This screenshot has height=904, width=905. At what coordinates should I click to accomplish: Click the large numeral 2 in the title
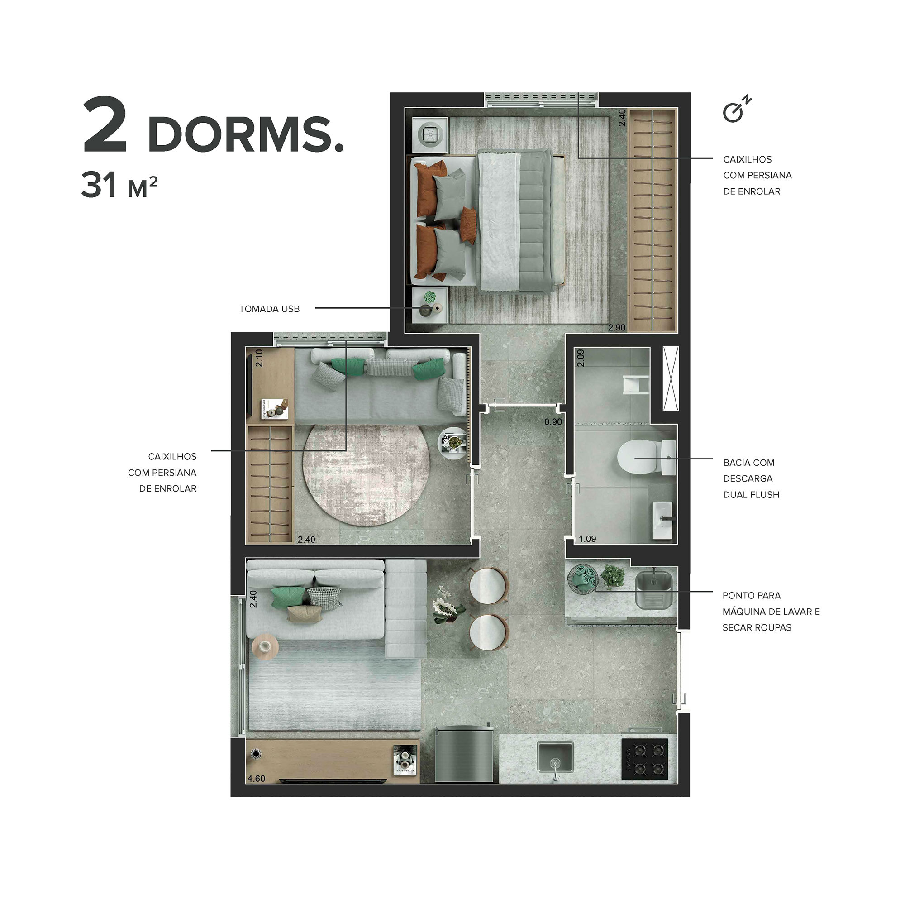click(105, 125)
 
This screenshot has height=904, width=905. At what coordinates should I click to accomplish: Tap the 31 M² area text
click(119, 186)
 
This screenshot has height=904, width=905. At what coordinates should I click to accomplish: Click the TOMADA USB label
click(269, 309)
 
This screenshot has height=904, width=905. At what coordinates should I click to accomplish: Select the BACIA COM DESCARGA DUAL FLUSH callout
click(751, 478)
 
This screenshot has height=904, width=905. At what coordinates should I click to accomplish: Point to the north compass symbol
click(735, 110)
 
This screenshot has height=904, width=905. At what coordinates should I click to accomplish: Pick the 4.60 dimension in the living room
click(256, 779)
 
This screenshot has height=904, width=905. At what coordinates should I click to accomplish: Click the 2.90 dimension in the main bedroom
click(616, 328)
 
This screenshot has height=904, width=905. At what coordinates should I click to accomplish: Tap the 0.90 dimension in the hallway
click(553, 422)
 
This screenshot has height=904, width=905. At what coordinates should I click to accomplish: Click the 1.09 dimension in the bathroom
click(587, 539)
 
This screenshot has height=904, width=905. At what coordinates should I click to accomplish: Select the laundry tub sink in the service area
click(653, 588)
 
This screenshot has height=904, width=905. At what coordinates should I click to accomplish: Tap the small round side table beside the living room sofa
click(265, 647)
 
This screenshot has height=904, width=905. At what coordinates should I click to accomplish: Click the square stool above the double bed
click(429, 135)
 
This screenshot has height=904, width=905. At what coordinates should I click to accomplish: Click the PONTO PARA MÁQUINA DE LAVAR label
click(771, 611)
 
